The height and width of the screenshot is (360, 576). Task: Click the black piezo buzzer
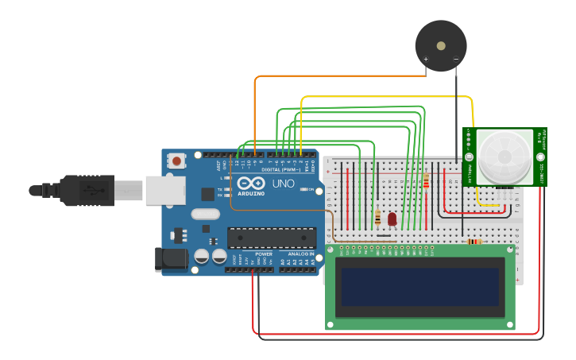[x=441, y=45]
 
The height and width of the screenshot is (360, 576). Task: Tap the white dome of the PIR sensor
[x=504, y=157]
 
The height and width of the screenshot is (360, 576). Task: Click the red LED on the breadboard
[x=392, y=217]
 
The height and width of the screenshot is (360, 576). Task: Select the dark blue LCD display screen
[x=422, y=287]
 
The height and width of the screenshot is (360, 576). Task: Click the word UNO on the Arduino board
[x=284, y=184]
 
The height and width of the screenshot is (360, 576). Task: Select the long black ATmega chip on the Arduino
[x=271, y=237]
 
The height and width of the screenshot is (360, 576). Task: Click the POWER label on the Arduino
[x=263, y=254]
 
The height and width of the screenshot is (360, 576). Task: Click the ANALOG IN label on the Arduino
[x=300, y=254]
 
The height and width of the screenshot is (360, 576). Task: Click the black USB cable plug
[x=87, y=191]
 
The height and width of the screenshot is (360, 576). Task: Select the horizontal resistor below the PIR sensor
[x=474, y=242]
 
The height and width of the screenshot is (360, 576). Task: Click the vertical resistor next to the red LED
[x=378, y=217]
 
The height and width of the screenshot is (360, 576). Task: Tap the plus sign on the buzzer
[x=426, y=60]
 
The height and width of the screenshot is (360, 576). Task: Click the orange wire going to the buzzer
[x=334, y=76]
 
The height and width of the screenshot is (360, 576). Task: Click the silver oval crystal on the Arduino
[x=205, y=213]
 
